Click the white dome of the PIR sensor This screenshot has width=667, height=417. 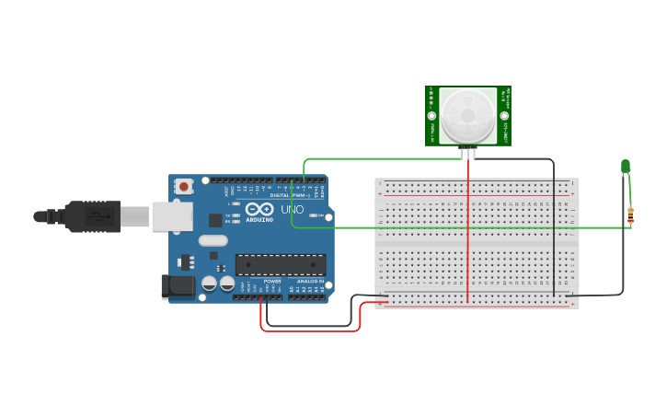tap(467, 115)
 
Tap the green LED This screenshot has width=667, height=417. tap(626, 167)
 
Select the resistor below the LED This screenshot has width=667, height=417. tap(630, 215)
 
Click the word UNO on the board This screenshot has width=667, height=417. tap(292, 211)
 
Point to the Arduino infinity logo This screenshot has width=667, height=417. tap(259, 211)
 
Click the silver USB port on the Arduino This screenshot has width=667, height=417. tap(172, 216)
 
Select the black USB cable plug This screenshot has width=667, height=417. tap(92, 216)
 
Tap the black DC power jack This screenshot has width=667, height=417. tap(178, 286)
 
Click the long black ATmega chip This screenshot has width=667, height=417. tap(281, 265)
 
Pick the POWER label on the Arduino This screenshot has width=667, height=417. tap(272, 282)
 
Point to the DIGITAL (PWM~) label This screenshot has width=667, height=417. tap(287, 195)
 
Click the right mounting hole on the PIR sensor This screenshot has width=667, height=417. tap(504, 116)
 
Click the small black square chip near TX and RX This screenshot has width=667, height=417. tap(215, 220)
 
